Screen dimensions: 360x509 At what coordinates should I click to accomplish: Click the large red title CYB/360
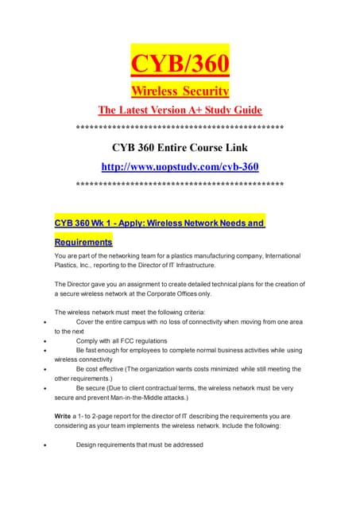[x=180, y=61]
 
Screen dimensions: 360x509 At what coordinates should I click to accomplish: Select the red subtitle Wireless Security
[x=180, y=89]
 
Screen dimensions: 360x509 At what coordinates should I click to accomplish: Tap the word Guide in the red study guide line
[x=243, y=109]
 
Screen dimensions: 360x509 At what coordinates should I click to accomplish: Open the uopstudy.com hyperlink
[x=180, y=166]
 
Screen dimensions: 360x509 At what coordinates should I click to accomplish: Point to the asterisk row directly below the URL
[x=180, y=184]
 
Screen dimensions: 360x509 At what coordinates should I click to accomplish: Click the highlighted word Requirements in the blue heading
[x=83, y=240]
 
